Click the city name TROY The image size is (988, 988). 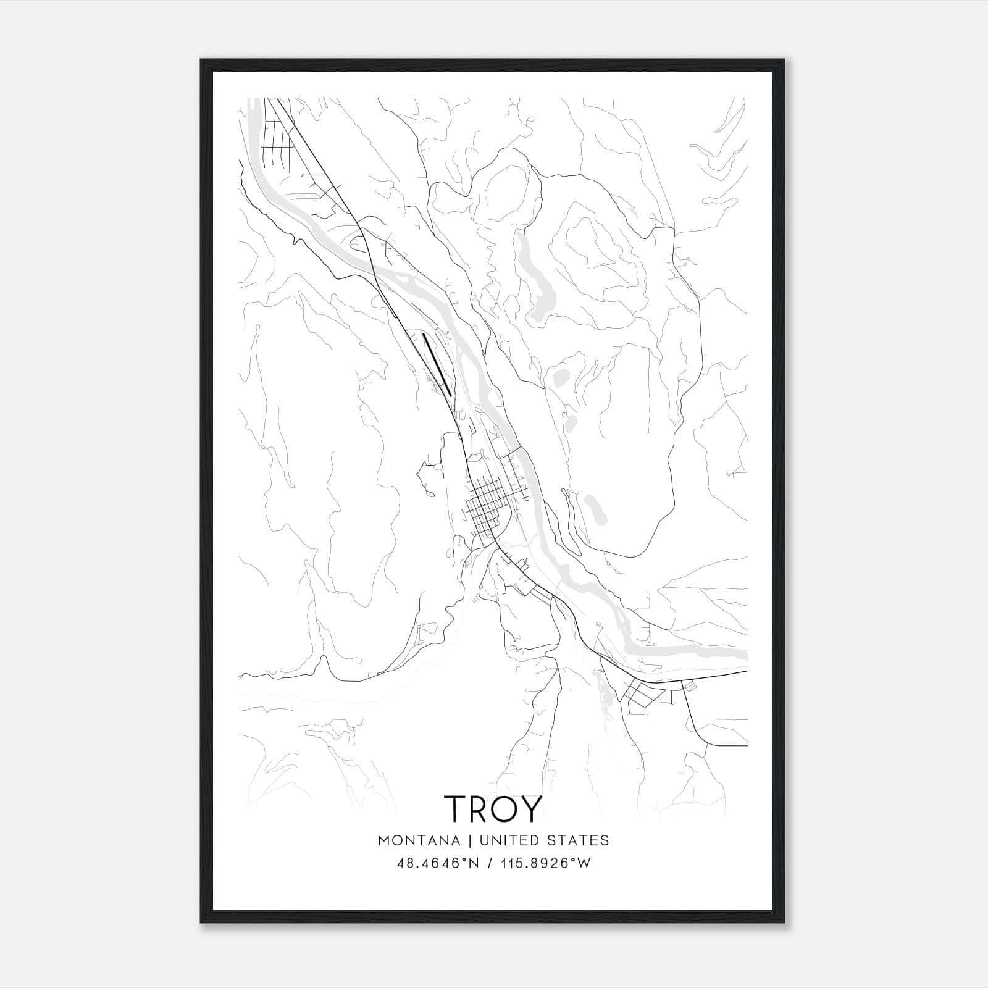493,808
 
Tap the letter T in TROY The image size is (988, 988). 456,808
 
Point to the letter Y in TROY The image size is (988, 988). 531,808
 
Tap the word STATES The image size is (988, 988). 580,840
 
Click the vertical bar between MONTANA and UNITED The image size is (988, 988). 469,840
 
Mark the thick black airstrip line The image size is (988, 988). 437,364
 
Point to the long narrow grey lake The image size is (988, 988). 535,278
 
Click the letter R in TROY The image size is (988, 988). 480,808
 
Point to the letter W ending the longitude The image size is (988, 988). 584,863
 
